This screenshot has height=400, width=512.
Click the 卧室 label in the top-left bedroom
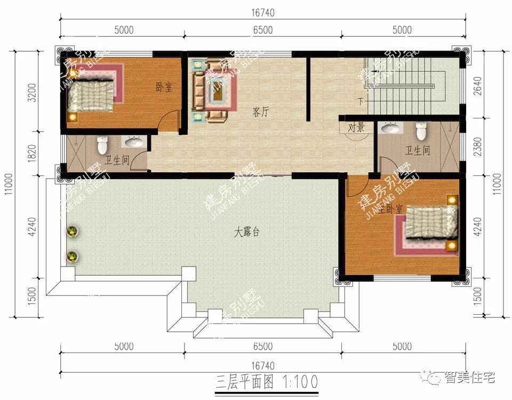pos(164,87)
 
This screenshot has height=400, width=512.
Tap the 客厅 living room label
pos(260,112)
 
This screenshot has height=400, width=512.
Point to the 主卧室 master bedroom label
pos(391,210)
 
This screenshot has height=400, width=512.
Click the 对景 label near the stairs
pos(356,127)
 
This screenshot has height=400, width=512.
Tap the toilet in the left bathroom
pos(101,144)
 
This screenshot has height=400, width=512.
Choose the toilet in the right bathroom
pos(421,130)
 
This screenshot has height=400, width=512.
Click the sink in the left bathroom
pos(133,142)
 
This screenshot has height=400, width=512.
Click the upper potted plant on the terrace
pos(73,231)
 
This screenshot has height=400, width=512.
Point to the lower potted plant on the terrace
pos(72,257)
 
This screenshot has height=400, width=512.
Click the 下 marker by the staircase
pos(361,101)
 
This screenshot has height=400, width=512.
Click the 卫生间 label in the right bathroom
pos(418,151)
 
